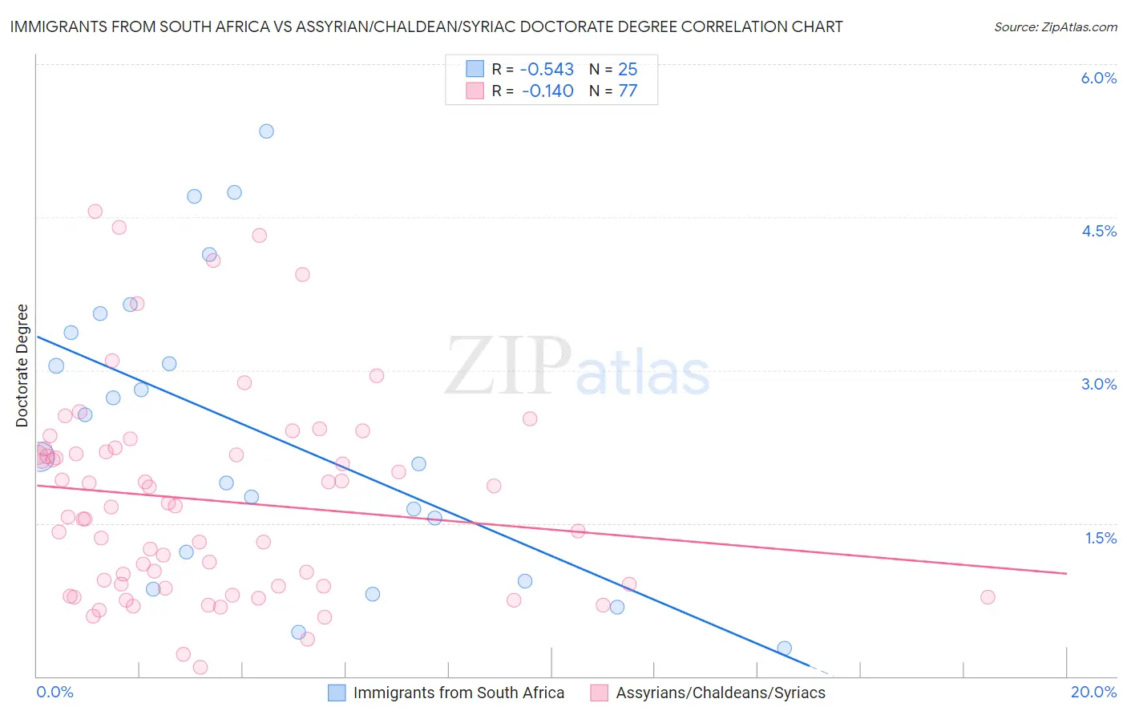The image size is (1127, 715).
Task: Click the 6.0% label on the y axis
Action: (x=1098, y=78)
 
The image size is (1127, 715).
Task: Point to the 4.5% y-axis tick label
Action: (x=1098, y=231)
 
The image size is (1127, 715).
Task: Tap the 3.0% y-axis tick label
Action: (x=1098, y=384)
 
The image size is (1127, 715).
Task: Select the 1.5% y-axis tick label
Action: (x=1101, y=538)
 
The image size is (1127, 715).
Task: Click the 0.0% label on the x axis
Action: (x=55, y=692)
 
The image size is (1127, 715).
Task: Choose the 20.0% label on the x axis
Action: (x=1093, y=692)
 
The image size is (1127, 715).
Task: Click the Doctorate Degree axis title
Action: (x=22, y=366)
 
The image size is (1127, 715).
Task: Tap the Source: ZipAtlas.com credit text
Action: (x=1055, y=26)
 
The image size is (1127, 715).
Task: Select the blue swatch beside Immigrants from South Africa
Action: (x=337, y=693)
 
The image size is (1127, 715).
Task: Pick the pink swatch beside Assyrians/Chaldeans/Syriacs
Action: (x=599, y=693)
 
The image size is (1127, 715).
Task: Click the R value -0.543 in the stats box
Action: (x=547, y=69)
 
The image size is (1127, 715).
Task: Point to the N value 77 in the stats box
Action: (x=628, y=91)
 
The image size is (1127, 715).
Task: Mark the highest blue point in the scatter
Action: (x=266, y=131)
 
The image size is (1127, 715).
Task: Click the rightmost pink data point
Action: (x=988, y=597)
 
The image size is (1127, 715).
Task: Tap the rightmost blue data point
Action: (x=785, y=648)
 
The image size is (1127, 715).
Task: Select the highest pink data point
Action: (x=95, y=212)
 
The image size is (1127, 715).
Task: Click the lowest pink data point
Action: (x=200, y=667)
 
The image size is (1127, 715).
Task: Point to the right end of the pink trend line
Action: (x=1066, y=573)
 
